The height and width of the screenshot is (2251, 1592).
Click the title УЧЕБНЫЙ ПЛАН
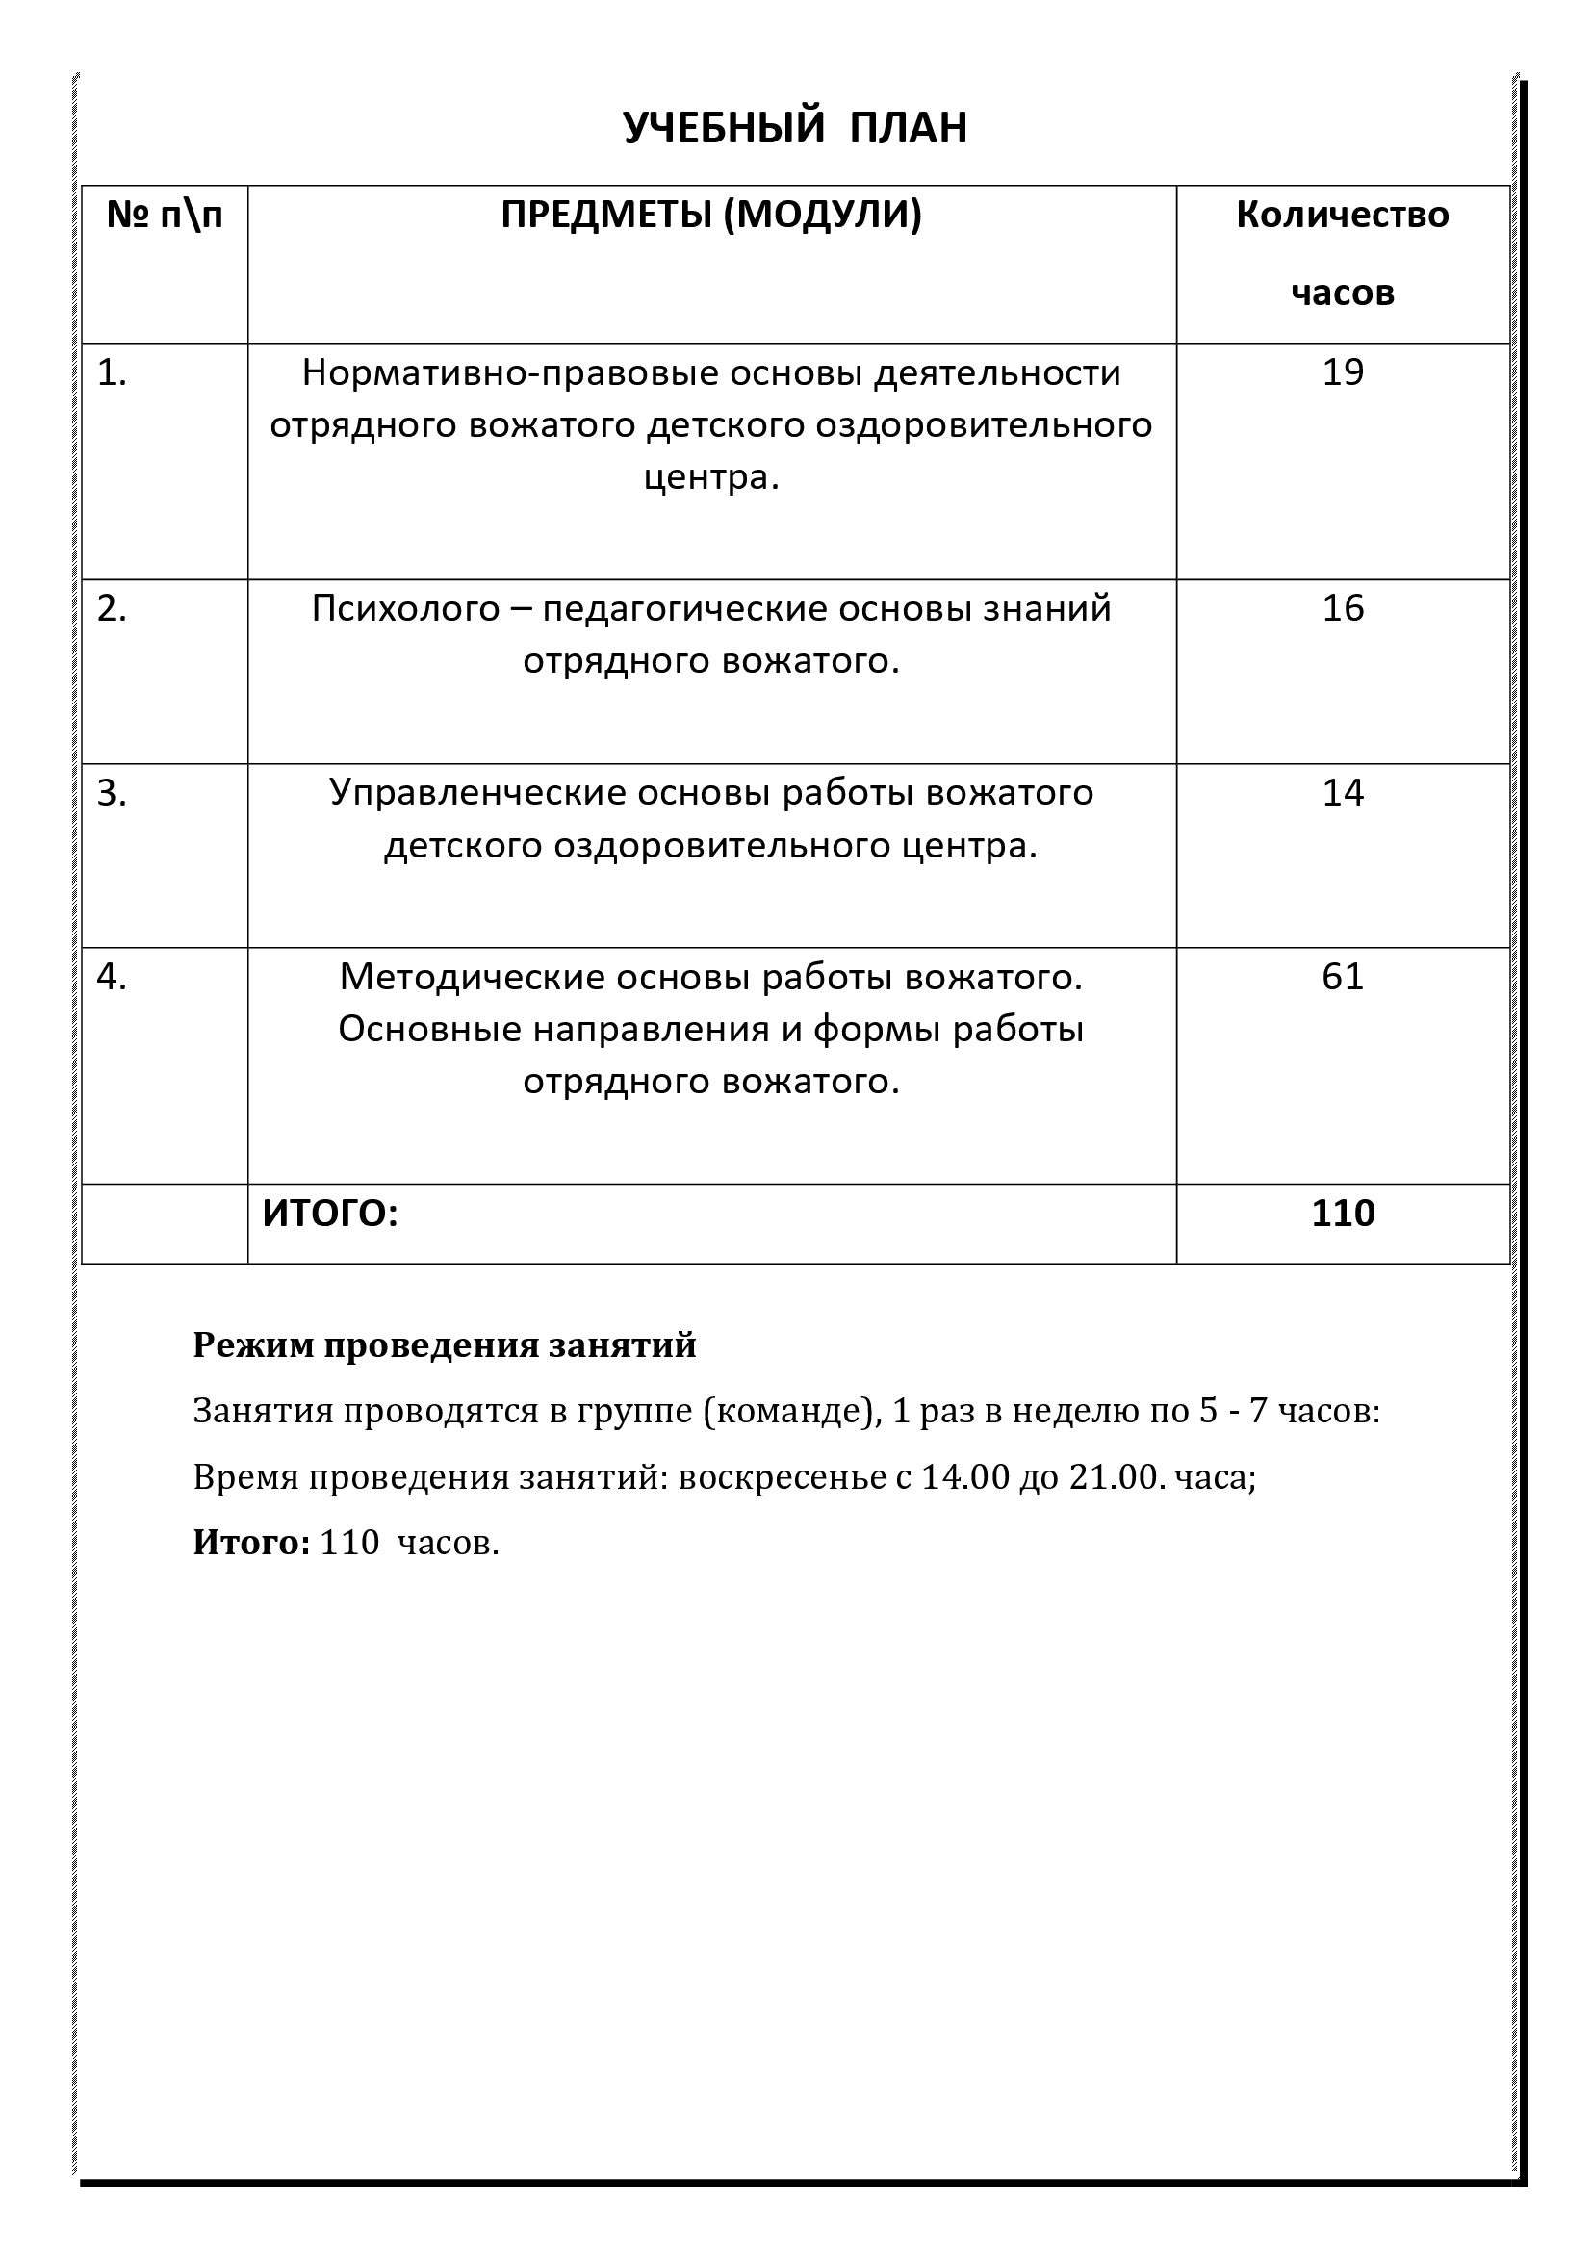pyautogui.click(x=795, y=128)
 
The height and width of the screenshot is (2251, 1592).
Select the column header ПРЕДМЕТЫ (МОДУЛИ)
pyautogui.click(x=710, y=215)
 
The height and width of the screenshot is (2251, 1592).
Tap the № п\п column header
pyautogui.click(x=164, y=215)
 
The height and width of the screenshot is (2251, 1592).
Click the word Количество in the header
pyautogui.click(x=1342, y=215)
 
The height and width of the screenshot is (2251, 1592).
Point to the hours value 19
pyautogui.click(x=1342, y=372)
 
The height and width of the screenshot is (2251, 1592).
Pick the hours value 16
pyautogui.click(x=1342, y=609)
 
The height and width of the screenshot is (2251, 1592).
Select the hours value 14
pyautogui.click(x=1342, y=792)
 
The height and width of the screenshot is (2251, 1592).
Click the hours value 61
pyautogui.click(x=1342, y=977)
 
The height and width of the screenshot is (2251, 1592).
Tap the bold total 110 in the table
pyautogui.click(x=1343, y=1214)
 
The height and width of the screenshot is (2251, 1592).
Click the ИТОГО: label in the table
pyautogui.click(x=330, y=1214)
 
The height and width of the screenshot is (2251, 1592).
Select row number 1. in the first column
pyautogui.click(x=112, y=373)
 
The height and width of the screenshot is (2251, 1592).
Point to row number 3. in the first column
pyautogui.click(x=112, y=793)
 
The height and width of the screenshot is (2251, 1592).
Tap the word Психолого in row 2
pyautogui.click(x=406, y=609)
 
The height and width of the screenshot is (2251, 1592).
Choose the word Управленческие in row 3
pyautogui.click(x=477, y=792)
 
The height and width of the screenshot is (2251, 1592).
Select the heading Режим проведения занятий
pyautogui.click(x=444, y=1345)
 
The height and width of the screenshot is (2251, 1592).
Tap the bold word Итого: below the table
pyautogui.click(x=251, y=1542)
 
